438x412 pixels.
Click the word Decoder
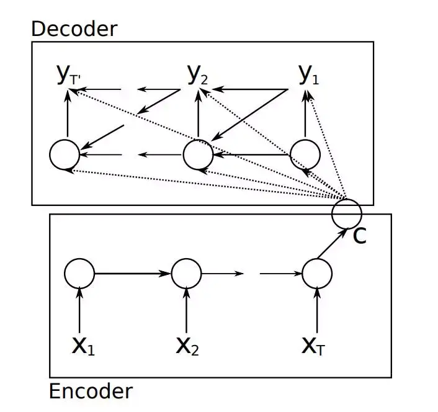[x=74, y=29]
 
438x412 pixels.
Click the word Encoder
[x=91, y=391]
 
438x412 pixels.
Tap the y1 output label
[x=309, y=74]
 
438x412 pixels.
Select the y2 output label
[x=197, y=74]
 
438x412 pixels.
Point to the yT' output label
[x=68, y=74]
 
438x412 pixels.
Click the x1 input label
[x=83, y=346]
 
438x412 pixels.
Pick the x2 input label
[x=187, y=346]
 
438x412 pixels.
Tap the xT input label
[x=313, y=346]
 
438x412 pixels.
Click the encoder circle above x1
[x=79, y=259]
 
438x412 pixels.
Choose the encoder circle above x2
[x=186, y=259]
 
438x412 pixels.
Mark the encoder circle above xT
[x=317, y=259]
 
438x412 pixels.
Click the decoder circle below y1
[x=305, y=140]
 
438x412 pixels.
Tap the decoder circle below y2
[x=199, y=140]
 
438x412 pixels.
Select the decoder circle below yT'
[x=65, y=140]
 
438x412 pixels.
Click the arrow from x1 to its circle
[x=79, y=310]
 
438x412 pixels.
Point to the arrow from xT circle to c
[x=333, y=243]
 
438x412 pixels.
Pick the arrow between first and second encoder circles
[x=133, y=274]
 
